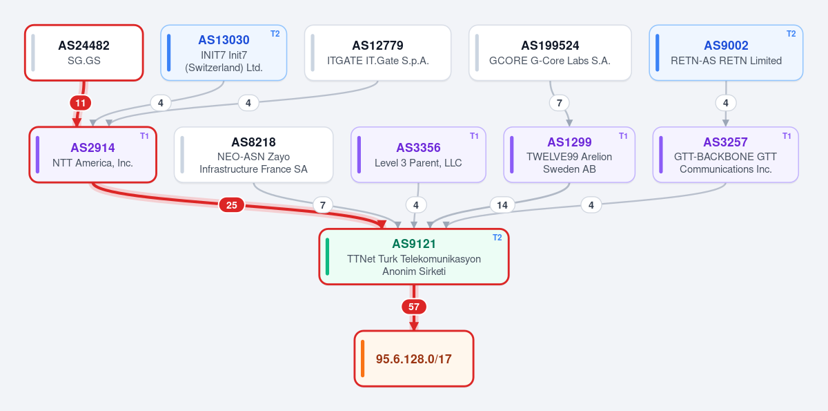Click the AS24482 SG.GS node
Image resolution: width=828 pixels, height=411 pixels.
(84, 53)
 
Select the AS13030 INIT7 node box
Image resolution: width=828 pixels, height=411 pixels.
(224, 53)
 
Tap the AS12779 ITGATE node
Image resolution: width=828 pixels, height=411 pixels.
(378, 53)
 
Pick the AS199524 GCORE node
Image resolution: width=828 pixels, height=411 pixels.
(550, 53)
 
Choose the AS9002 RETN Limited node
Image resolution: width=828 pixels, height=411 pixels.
(726, 53)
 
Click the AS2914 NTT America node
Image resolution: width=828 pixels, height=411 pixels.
(92, 155)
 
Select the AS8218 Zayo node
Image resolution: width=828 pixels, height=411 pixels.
(254, 155)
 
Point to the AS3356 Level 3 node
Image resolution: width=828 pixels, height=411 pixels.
(418, 155)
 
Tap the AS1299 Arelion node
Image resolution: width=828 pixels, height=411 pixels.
(569, 155)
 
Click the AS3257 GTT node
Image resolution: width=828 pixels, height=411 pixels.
(726, 155)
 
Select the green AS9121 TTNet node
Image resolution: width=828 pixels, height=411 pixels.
(414, 257)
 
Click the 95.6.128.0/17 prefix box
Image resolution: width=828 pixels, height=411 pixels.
(414, 359)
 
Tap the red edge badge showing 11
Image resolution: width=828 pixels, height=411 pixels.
(81, 103)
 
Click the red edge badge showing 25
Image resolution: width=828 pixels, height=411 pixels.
(231, 205)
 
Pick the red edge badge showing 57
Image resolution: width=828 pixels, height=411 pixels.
(414, 307)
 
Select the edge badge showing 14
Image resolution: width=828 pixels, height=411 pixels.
(502, 205)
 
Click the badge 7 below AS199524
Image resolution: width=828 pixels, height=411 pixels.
(560, 103)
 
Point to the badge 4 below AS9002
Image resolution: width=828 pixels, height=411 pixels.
(726, 103)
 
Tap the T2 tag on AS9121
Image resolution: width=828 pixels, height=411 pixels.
(497, 238)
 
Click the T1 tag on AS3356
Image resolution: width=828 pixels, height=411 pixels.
(474, 136)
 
